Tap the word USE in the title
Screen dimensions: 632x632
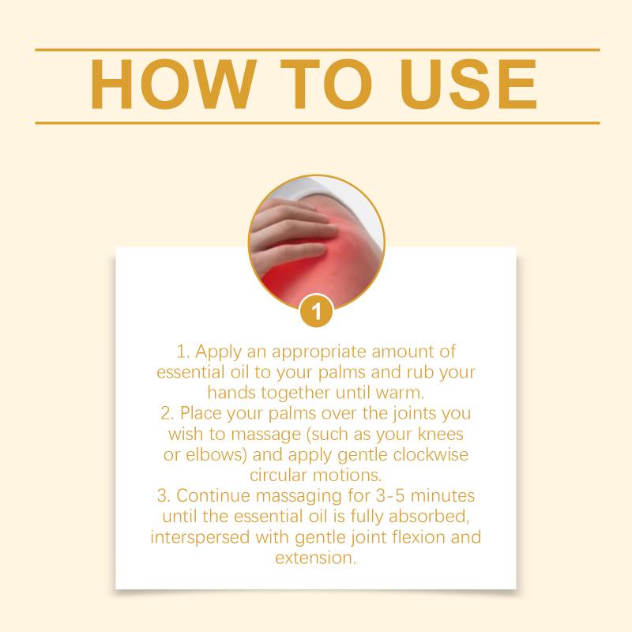pos(468,85)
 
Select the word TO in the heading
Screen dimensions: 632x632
pos(325,85)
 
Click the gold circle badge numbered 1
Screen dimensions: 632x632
pos(317,310)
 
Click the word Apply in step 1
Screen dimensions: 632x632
pos(219,352)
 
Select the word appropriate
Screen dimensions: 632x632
pos(318,352)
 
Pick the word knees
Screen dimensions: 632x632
pos(440,434)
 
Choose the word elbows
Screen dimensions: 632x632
pos(216,455)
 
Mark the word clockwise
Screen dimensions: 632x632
pos(431,455)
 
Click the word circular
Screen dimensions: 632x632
pos(279,476)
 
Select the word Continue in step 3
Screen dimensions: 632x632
pos(213,496)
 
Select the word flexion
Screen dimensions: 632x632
pos(418,537)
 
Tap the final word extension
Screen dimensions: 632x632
pos(316,559)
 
